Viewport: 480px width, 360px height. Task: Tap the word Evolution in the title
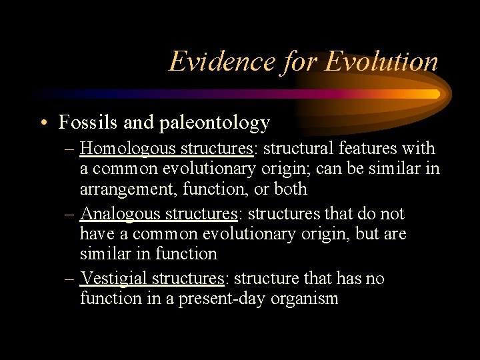381,61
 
